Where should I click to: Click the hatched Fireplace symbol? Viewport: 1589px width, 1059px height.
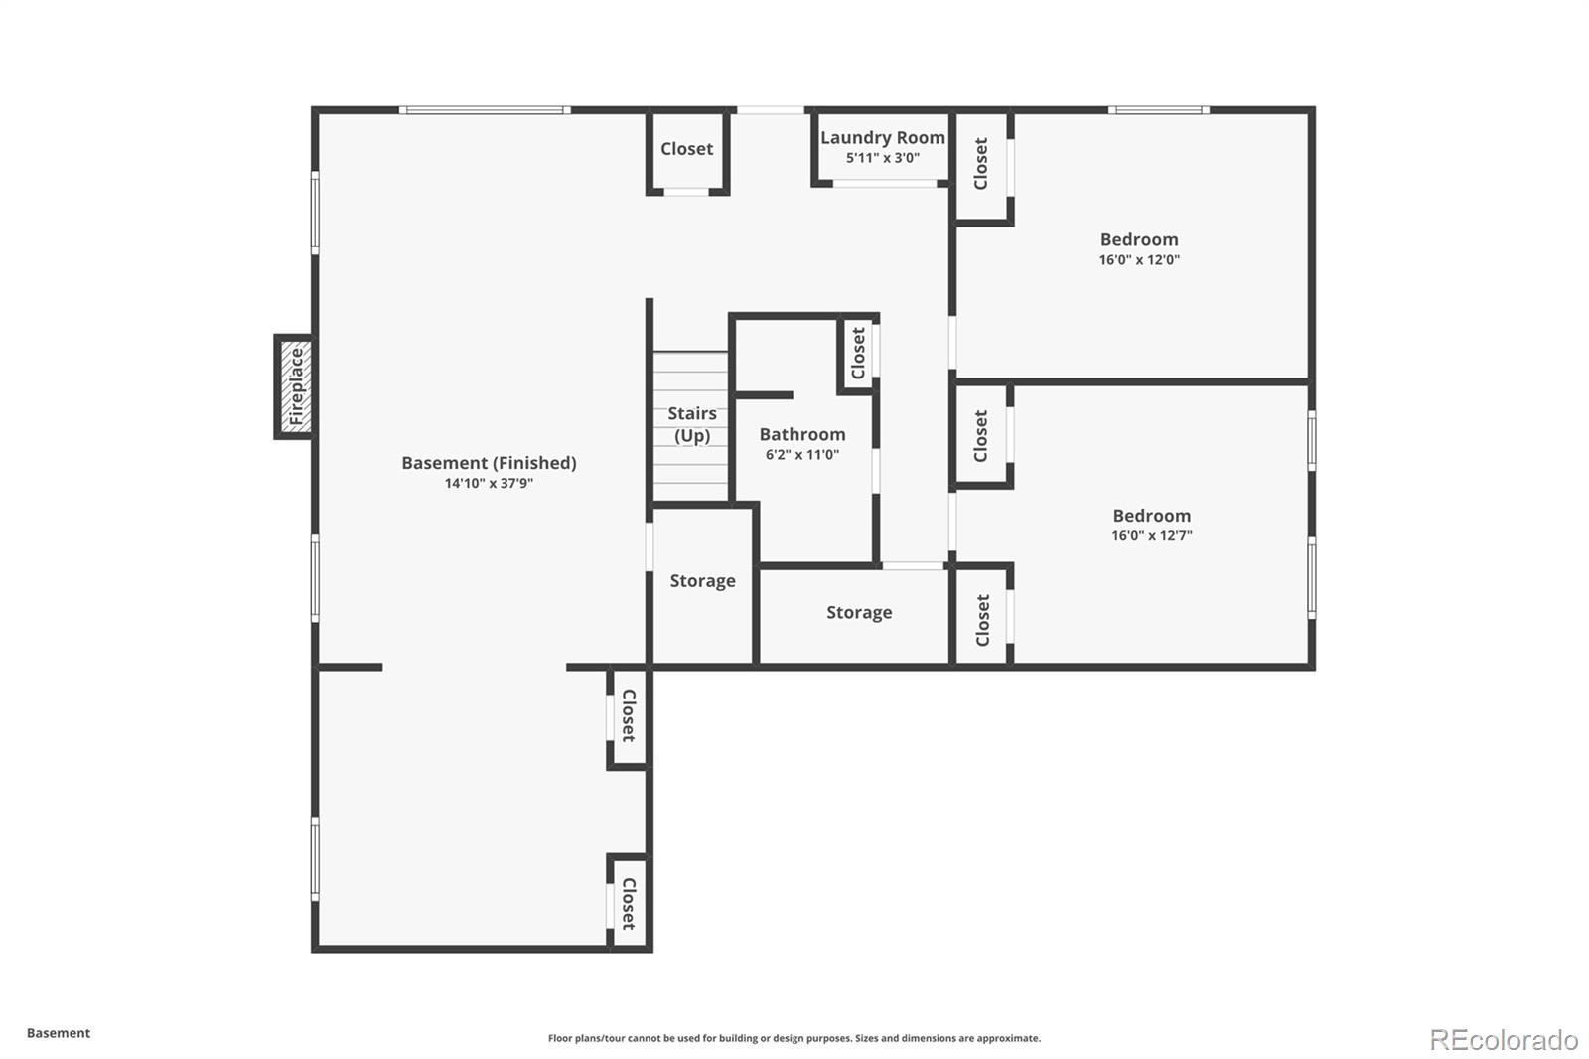coord(295,387)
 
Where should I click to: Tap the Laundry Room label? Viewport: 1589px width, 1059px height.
coord(882,138)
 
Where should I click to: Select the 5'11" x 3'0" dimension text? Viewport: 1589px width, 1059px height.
coord(882,158)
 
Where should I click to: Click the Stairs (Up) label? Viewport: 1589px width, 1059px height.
coord(692,424)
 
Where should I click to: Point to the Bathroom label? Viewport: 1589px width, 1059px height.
coord(802,434)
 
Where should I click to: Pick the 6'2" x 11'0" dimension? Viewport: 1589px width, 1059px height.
coord(802,455)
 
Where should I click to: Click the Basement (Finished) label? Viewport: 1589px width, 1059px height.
coord(489,463)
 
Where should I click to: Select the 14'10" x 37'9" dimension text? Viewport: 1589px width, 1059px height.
coord(489,484)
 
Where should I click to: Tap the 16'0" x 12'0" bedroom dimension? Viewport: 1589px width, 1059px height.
coord(1139,260)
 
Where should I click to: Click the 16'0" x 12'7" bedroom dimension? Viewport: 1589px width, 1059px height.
coord(1151,536)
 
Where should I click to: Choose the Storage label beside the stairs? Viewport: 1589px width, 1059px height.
coord(702,581)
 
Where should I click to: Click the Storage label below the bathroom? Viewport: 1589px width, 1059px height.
coord(859,613)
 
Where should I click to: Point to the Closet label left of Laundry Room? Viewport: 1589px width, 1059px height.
coord(686,149)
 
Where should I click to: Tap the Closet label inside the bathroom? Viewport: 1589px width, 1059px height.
coord(858,353)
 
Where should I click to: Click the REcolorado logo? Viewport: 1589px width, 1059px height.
coord(1504,1040)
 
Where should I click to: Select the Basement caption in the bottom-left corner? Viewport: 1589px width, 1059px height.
coord(58,1033)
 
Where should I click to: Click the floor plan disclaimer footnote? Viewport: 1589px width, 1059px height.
coord(794,1038)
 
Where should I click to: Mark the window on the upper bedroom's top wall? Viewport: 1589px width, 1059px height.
coord(1159,110)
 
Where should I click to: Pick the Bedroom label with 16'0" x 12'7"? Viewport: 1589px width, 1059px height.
coord(1151,516)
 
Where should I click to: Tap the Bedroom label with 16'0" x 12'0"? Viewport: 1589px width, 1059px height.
coord(1139,239)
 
